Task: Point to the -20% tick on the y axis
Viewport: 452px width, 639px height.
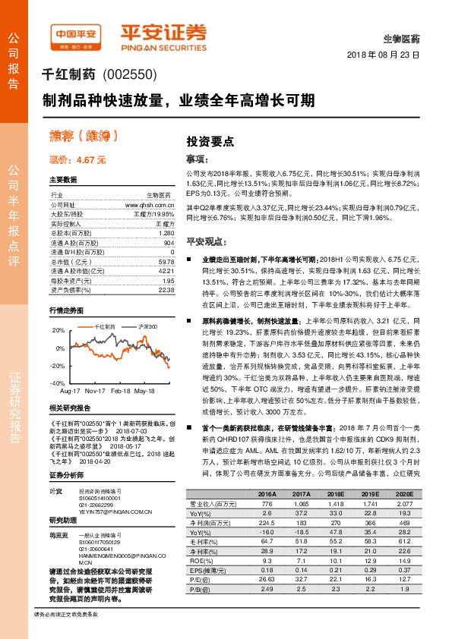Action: click(x=58, y=366)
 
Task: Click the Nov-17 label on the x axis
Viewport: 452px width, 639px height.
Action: click(x=95, y=391)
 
